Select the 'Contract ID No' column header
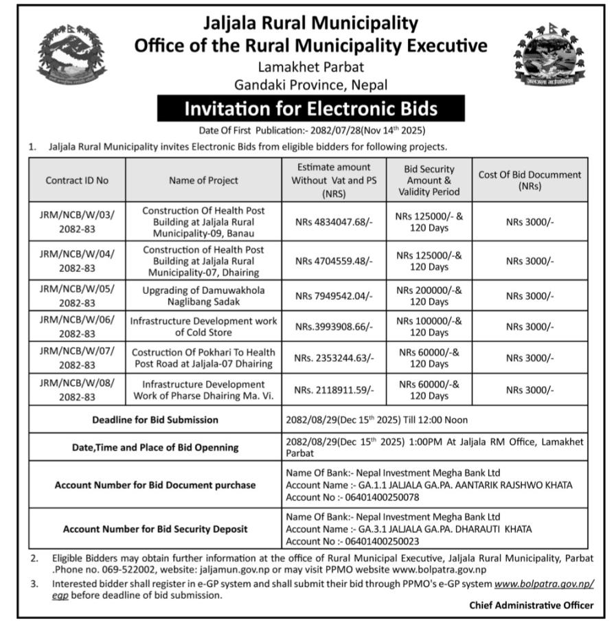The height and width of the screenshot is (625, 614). point(77,180)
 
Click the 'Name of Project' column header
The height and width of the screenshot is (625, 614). point(203,180)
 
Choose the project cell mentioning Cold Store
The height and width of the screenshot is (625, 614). point(203,327)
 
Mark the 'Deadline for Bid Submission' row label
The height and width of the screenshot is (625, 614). point(155,420)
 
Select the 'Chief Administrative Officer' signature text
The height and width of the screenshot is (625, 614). point(532,605)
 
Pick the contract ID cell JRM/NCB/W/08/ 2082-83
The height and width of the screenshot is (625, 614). point(77,390)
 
